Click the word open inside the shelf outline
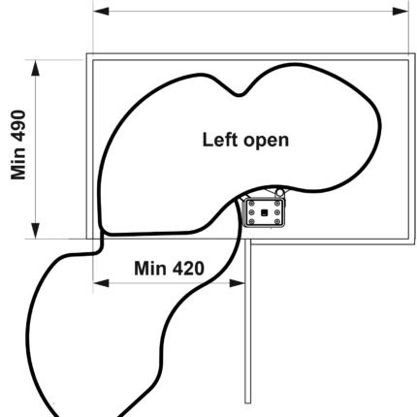(x=266, y=142)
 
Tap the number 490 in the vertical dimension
(x=18, y=125)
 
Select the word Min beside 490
(x=18, y=164)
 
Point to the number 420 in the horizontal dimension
(x=188, y=269)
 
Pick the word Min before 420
(x=150, y=269)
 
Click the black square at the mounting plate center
(x=265, y=212)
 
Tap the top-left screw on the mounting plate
(x=252, y=204)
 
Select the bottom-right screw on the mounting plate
(x=277, y=221)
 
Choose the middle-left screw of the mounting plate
(x=252, y=212)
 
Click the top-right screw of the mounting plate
(x=277, y=204)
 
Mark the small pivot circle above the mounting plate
(x=279, y=193)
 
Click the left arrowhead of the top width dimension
(x=101, y=12)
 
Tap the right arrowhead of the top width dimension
(x=401, y=12)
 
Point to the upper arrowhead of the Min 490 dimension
(x=36, y=68)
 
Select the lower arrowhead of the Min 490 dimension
(x=36, y=231)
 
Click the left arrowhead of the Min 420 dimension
(x=101, y=283)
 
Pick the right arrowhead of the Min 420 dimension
(x=237, y=283)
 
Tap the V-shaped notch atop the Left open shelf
(x=240, y=94)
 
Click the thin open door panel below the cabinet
(x=247, y=321)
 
